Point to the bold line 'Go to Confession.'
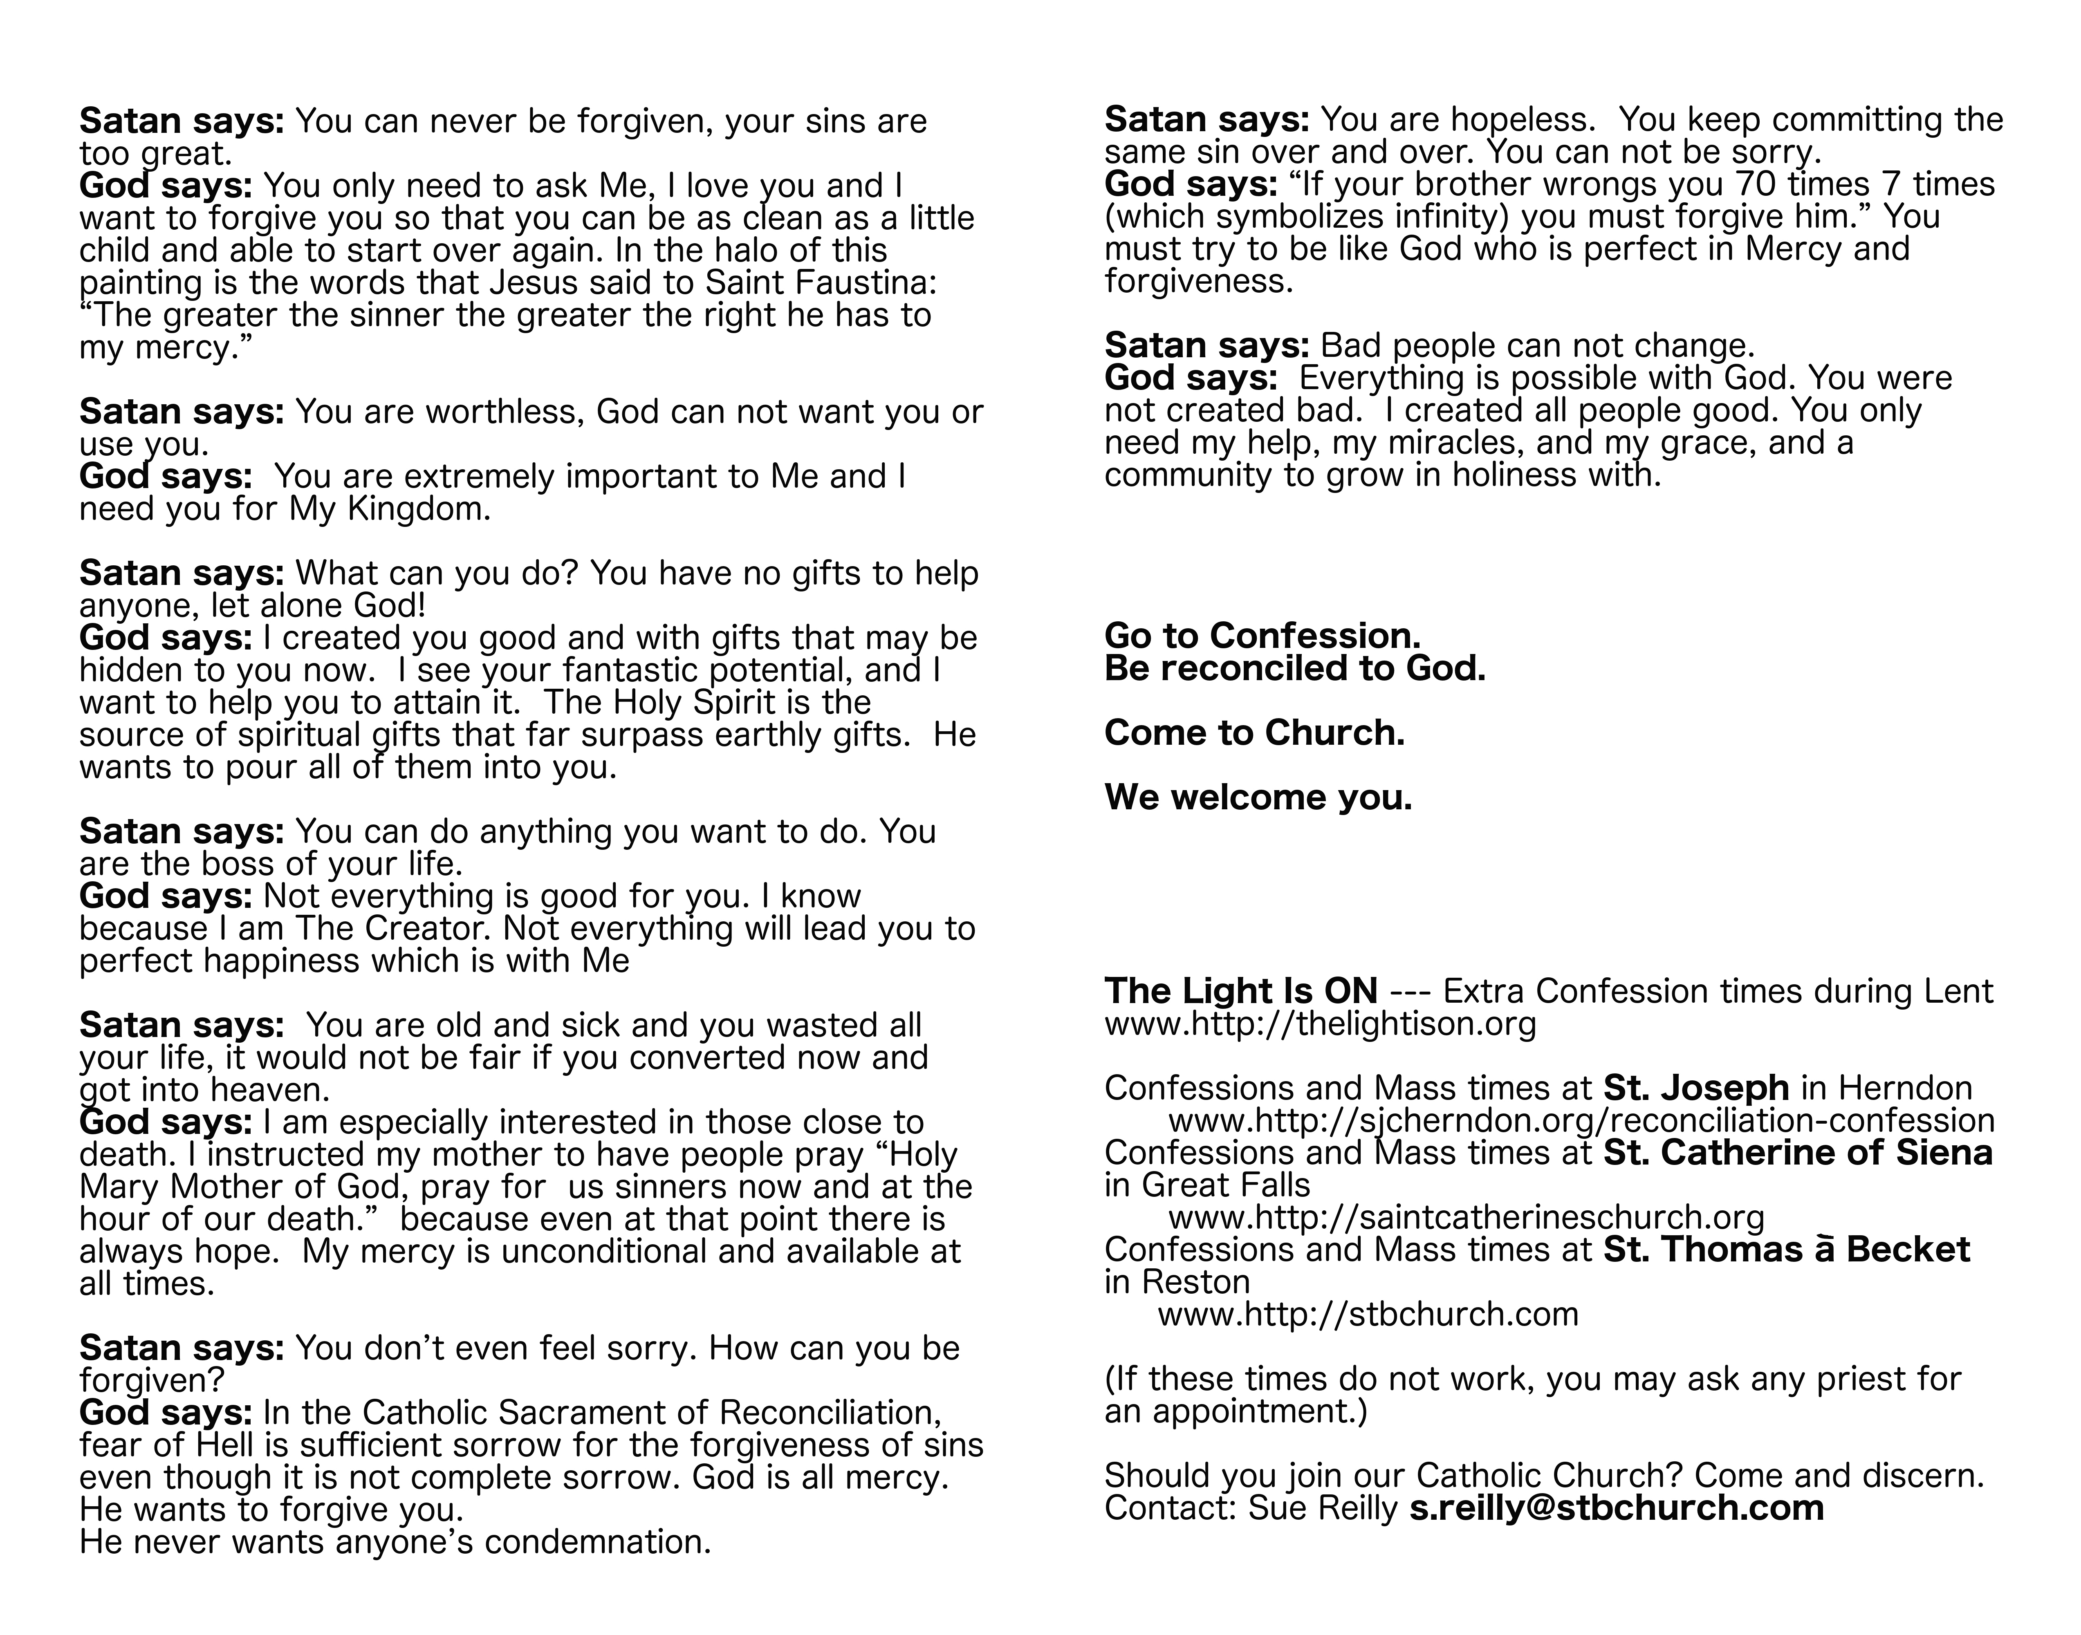(1262, 636)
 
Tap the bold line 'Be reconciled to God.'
(1294, 668)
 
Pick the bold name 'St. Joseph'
(1695, 1089)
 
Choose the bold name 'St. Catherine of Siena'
(1797, 1153)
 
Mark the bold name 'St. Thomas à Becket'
(1785, 1250)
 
